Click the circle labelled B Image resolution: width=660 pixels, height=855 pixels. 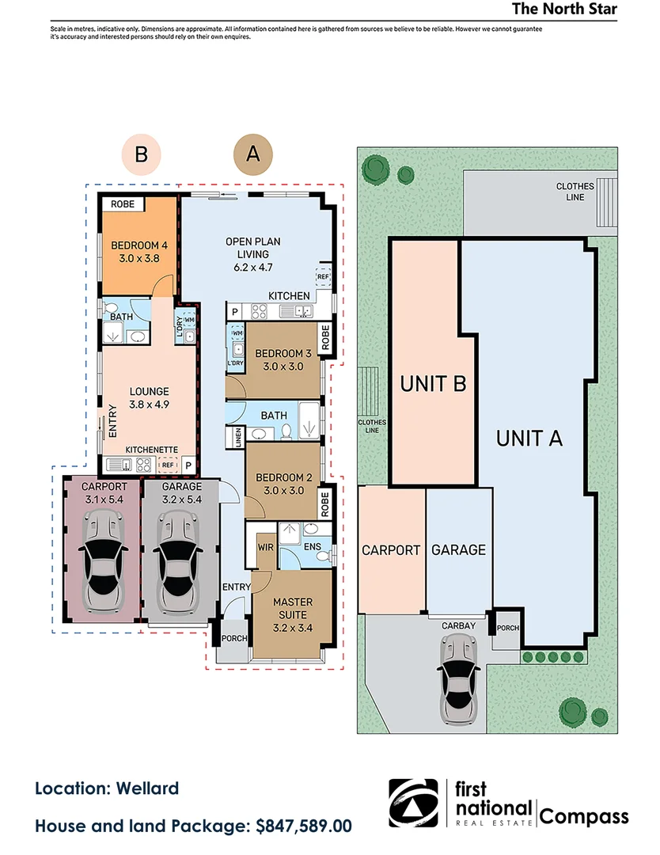point(141,154)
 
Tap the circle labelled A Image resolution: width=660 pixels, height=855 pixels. point(253,154)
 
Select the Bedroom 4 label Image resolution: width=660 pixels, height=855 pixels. point(135,251)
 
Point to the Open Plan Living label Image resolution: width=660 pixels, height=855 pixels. point(253,254)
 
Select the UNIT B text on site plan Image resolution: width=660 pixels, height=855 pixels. point(432,385)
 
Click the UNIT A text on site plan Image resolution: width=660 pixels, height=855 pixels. point(529,438)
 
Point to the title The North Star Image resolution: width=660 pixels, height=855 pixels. point(564,9)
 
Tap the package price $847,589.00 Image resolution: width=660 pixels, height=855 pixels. point(304,826)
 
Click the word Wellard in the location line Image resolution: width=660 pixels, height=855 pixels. point(148,788)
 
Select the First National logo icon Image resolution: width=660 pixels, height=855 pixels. point(416,803)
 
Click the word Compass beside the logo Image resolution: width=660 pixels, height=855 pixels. point(584,817)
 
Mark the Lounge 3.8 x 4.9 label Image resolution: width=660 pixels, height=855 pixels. point(150,397)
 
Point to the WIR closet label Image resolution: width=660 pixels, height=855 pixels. point(265,546)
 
